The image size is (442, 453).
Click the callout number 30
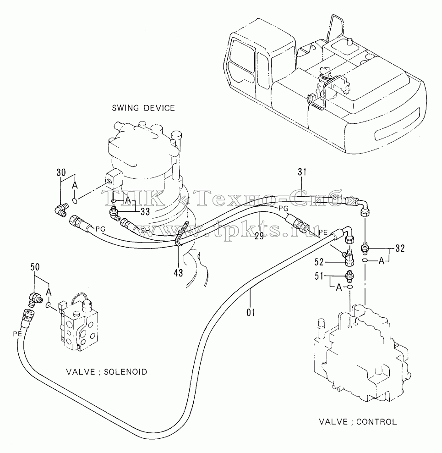[x=61, y=172]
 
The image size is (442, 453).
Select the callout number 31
[x=302, y=172]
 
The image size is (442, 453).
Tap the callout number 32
[x=400, y=248]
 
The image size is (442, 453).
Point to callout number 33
[x=145, y=212]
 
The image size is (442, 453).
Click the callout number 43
[x=179, y=272]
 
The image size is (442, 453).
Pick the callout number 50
[x=35, y=267]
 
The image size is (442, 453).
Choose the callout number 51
[x=319, y=276]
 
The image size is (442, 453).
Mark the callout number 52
[x=319, y=262]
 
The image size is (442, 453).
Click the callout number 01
[x=251, y=312]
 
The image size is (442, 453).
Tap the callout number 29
[x=259, y=236]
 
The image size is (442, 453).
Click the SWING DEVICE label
[x=143, y=108]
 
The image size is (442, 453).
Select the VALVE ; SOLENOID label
[x=107, y=371]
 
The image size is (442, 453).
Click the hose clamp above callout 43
[x=181, y=234]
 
